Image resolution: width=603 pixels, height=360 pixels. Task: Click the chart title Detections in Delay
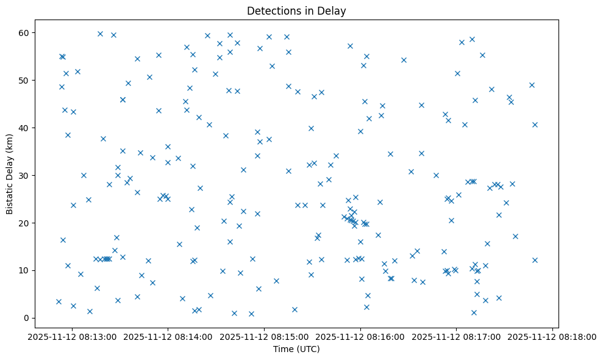[x=296, y=11]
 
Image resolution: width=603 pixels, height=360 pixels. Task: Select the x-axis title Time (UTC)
[x=296, y=349]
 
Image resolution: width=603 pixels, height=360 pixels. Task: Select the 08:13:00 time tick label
[x=72, y=336]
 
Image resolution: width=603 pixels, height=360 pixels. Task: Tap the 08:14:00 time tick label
[x=168, y=336]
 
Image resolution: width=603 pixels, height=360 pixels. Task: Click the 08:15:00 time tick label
[x=264, y=336]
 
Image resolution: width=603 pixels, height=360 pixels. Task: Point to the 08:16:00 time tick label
[x=360, y=336]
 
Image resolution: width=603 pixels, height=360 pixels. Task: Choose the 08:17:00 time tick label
[x=456, y=336]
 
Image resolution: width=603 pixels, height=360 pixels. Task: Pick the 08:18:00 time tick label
[x=552, y=336]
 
